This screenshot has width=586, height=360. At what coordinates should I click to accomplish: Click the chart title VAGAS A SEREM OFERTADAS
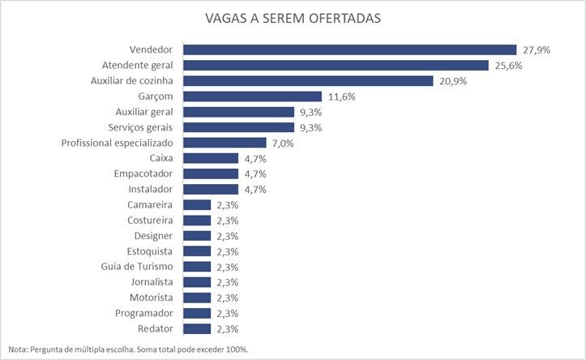click(293, 18)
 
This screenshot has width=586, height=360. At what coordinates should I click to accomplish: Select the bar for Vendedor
click(350, 49)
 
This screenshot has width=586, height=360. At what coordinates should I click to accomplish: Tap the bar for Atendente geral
click(336, 65)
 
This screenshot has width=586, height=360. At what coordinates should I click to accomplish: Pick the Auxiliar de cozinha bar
click(308, 80)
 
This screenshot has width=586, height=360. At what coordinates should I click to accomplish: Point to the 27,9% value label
click(537, 49)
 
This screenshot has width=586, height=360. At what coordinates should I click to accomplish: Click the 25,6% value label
click(508, 65)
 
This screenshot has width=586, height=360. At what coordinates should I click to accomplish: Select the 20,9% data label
click(452, 80)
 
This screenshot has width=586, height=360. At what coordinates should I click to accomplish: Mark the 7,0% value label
click(282, 143)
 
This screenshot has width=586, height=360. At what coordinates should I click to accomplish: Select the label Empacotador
click(144, 174)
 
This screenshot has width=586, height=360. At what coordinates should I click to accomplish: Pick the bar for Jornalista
click(197, 282)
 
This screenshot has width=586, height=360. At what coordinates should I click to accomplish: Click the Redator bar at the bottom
click(197, 328)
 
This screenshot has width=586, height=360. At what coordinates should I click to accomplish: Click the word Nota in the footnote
click(18, 349)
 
